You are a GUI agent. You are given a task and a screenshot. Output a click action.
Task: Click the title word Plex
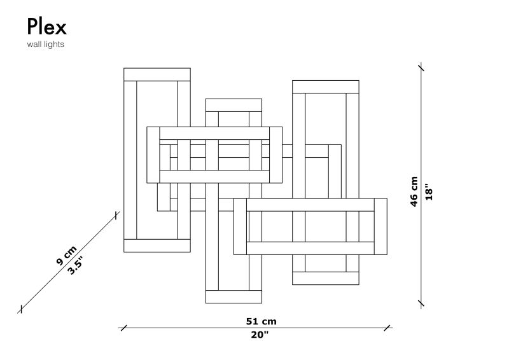(46, 27)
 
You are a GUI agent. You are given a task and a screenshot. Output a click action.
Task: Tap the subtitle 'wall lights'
(45, 44)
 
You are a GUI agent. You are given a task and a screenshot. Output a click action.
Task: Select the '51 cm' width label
(261, 321)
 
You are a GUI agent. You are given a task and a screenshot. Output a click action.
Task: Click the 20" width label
(260, 335)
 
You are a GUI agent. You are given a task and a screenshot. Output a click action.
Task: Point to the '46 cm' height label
(414, 191)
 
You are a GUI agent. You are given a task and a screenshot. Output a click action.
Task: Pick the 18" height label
(429, 193)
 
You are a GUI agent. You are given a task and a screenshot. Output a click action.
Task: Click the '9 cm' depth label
(67, 256)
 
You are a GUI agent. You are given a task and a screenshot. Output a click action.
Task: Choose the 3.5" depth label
(75, 265)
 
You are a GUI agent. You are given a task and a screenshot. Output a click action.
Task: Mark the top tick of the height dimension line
(421, 67)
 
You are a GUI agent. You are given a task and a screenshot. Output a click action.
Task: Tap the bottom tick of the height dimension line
(421, 304)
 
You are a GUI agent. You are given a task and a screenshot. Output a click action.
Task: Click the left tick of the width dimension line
(123, 328)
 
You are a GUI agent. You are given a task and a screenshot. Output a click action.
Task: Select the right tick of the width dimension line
(387, 328)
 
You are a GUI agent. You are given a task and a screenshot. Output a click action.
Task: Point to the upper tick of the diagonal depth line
(116, 216)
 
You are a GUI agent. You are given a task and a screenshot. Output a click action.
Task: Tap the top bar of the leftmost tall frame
(157, 74)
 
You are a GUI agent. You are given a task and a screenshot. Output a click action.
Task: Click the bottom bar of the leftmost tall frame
(157, 246)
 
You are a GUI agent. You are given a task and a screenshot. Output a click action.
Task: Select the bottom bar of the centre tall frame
(234, 296)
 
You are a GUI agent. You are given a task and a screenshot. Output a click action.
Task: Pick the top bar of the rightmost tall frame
(326, 87)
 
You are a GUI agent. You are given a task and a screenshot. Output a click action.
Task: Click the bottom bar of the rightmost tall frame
(326, 278)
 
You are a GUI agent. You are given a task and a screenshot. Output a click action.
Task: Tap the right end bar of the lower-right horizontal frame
(380, 226)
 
